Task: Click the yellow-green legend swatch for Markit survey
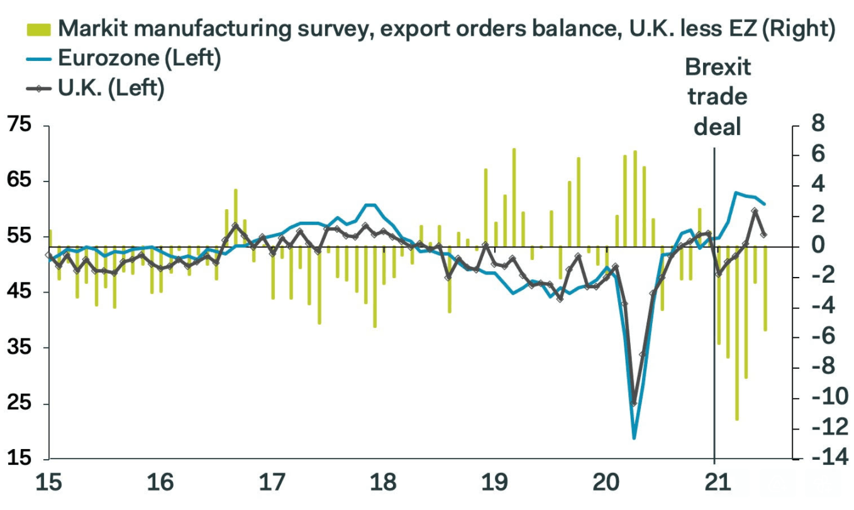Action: [x=39, y=28]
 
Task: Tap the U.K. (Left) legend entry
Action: [x=111, y=89]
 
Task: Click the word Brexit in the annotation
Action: [x=718, y=67]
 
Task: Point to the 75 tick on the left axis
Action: [x=19, y=126]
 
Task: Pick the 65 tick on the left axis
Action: [x=19, y=181]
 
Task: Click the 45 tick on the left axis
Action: [x=19, y=292]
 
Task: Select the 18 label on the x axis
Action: [x=383, y=484]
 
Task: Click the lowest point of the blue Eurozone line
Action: [x=634, y=438]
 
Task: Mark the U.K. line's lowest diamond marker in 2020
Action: [x=634, y=403]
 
